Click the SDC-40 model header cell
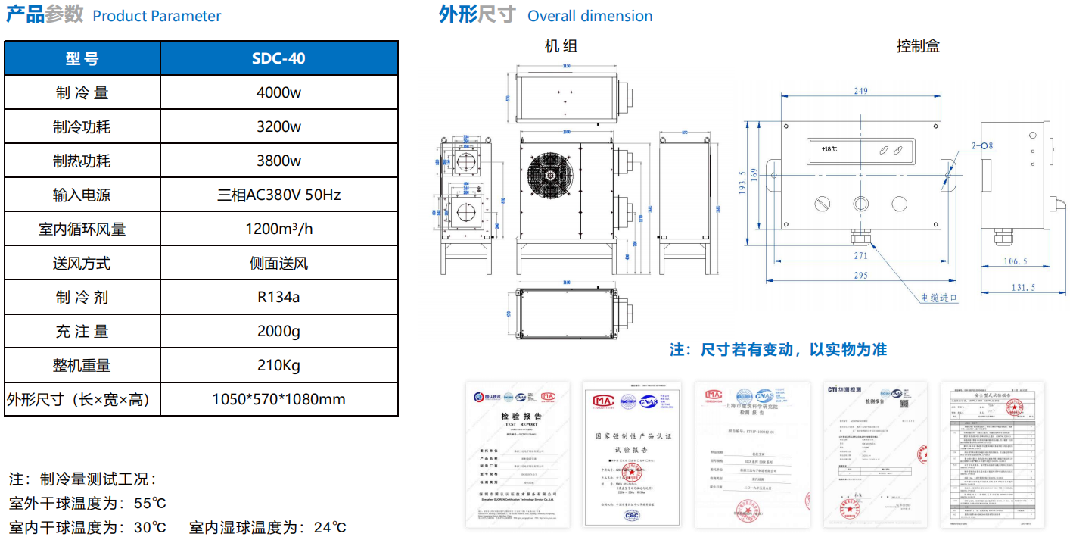278,58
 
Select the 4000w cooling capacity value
278,92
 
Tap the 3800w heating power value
278,161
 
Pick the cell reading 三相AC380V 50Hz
278,195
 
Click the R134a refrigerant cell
278,297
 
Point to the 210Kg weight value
278,365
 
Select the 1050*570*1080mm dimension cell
278,399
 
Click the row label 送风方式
82,263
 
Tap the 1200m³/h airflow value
278,229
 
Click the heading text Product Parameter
157,16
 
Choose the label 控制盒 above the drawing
917,45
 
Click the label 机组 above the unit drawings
561,45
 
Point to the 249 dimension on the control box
860,92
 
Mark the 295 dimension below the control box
860,276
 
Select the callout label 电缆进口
939,298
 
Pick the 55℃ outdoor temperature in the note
150,503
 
